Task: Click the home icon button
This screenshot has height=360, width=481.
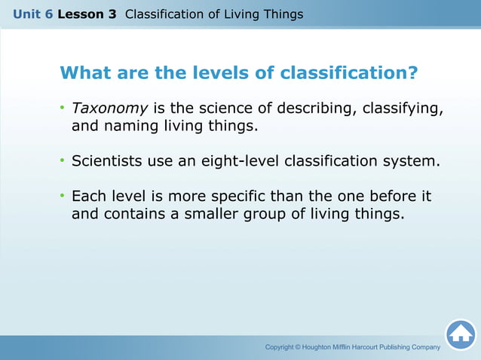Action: (460, 334)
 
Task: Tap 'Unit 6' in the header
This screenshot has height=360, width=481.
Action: (32, 14)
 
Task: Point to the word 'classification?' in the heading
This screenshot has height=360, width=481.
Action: (349, 73)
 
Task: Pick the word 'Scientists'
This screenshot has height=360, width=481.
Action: (109, 161)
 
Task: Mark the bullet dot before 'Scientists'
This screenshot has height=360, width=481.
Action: (63, 161)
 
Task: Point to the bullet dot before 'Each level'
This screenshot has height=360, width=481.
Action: (63, 196)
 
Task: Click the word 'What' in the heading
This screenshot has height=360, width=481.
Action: (84, 73)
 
